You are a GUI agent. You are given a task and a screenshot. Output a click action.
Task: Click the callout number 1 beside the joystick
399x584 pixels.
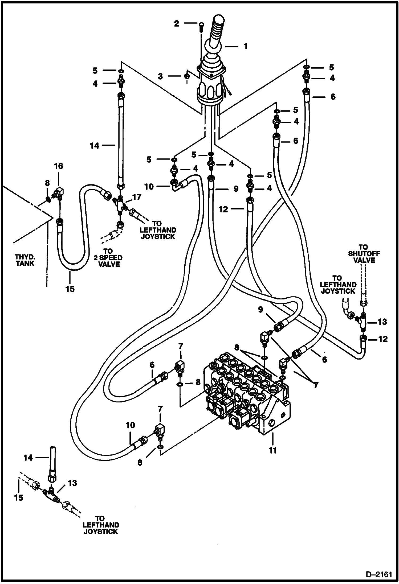pyautogui.click(x=246, y=46)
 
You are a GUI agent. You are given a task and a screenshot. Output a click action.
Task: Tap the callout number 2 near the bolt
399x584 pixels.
pyautogui.click(x=177, y=24)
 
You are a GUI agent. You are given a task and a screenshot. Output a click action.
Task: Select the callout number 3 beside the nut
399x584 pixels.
pyautogui.click(x=160, y=76)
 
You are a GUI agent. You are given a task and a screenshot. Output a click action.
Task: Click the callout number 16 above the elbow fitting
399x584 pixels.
pyautogui.click(x=59, y=166)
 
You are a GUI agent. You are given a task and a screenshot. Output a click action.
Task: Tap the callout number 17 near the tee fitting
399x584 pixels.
pyautogui.click(x=137, y=197)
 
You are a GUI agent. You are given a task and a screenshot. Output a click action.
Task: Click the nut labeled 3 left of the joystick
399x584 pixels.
pyautogui.click(x=187, y=76)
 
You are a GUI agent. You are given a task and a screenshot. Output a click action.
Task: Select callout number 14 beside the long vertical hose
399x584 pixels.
pyautogui.click(x=94, y=146)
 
